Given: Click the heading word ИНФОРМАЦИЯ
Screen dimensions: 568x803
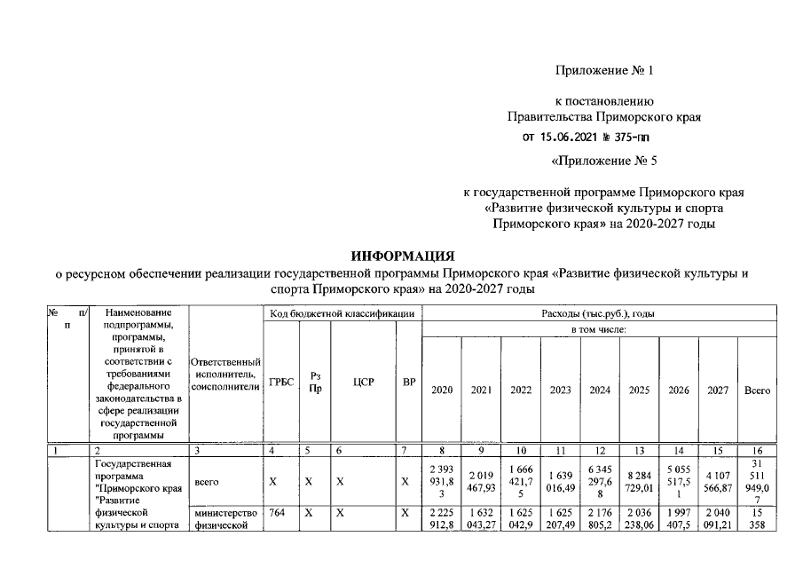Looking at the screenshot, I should tap(402, 256).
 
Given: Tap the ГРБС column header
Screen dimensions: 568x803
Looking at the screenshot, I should tap(281, 383).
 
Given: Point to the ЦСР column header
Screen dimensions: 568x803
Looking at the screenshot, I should tap(363, 383).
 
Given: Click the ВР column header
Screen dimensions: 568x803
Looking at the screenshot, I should tap(408, 383).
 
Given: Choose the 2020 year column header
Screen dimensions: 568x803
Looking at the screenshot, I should tap(441, 390).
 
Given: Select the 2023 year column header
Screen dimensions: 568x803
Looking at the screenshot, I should tap(560, 390).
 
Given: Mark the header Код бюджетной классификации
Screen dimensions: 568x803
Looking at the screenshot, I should tap(342, 313).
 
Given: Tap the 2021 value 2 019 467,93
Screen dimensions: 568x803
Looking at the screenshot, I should tap(481, 482).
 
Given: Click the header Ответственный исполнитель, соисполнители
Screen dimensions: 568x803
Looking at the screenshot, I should tap(225, 377).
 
